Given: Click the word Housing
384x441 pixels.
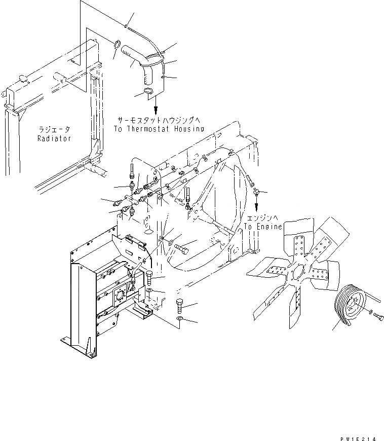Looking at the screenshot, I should coord(187,129).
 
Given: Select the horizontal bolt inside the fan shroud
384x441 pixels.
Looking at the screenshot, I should coord(182,249).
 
